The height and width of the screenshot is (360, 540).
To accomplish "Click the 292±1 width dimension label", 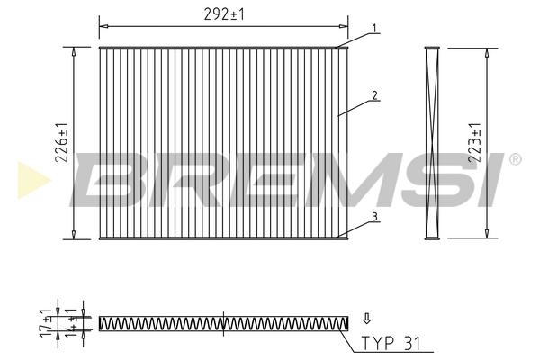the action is pos(224,14).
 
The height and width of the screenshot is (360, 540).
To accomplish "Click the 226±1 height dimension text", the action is pos(62,142).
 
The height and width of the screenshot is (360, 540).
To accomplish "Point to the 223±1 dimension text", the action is pos(474,142).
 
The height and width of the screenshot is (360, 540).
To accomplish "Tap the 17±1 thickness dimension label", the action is pos(46,323).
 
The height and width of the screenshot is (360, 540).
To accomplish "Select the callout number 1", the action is pos(374,28).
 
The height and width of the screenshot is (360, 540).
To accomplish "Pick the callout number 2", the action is pos(374,95).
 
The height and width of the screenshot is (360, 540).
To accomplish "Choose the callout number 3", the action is pos(374,217).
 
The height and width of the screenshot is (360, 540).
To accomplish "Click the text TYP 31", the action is pos(391,343).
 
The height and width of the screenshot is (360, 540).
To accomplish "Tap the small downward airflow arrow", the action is pos(367,319).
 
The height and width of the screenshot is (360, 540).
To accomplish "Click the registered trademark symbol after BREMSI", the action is pos(515,159).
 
